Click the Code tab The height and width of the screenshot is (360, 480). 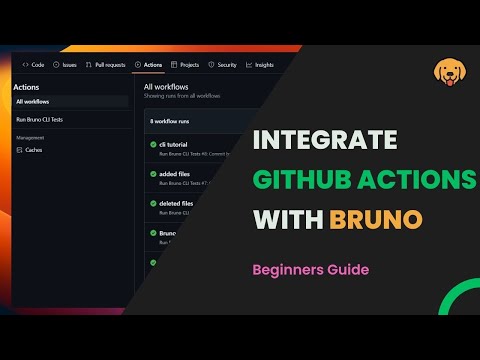click(x=34, y=64)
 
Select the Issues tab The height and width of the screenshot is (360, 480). click(x=65, y=64)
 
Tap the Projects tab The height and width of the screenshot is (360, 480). click(x=186, y=64)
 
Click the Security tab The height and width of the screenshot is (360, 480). click(x=223, y=64)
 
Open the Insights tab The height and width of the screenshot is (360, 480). click(x=260, y=64)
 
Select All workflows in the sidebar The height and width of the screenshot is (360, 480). click(x=34, y=102)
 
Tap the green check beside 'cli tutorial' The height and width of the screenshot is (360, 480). click(x=152, y=146)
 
